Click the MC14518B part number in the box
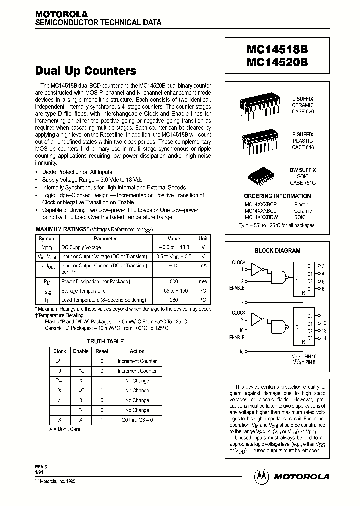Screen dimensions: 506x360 tap(277, 51)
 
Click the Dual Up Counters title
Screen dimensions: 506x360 tap(86, 71)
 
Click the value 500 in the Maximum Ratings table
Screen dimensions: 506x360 tap(174, 281)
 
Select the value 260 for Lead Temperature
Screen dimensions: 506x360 tap(174, 300)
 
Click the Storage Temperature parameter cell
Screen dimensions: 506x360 tap(83, 291)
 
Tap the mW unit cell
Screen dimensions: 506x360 tap(203, 281)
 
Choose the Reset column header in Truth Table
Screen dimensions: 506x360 tap(102, 351)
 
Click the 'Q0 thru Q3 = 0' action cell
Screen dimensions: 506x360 tap(137, 420)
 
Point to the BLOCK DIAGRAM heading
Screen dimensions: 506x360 tap(277, 251)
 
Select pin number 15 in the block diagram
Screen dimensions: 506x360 tap(242, 352)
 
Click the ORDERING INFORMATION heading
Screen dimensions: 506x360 tap(277, 196)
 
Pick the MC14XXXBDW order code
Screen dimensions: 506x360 tap(261, 218)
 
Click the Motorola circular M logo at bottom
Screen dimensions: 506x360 tap(261, 476)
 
